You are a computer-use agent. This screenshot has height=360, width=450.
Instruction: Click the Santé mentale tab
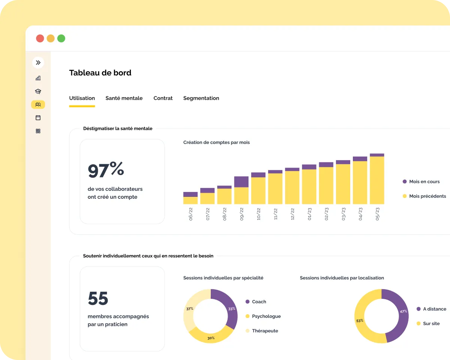124,98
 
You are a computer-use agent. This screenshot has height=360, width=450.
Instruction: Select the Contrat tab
163,98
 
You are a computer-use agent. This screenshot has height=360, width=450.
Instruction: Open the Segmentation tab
201,98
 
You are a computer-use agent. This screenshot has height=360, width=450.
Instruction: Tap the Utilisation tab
82,98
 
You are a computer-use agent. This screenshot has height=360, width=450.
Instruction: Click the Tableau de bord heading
100,73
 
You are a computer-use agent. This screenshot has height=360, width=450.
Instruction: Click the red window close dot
40,38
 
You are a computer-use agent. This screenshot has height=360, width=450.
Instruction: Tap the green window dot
61,38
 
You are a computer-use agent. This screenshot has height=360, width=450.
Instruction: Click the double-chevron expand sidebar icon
38,63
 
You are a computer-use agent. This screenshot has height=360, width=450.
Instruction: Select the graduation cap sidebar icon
38,91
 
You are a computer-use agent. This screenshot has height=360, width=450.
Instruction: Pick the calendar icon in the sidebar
38,118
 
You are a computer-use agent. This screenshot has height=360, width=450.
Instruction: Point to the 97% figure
106,170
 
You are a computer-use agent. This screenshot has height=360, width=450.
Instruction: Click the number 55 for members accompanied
98,298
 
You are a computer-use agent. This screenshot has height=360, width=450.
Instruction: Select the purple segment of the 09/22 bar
241,181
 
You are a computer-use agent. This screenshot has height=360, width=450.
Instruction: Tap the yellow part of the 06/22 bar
190,201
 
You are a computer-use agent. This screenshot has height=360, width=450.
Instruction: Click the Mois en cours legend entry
424,181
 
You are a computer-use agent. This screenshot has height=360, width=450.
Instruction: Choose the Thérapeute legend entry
265,331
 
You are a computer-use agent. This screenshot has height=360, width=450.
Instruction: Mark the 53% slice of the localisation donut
361,321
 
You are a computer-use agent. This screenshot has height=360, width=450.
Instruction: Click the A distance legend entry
434,309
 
